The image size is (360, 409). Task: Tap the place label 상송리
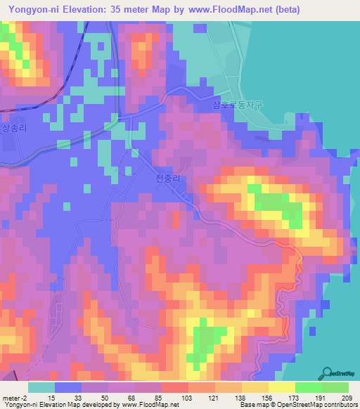pos(13,129)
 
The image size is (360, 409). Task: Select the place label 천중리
pos(168,180)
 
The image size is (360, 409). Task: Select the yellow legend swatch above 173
pos(282,387)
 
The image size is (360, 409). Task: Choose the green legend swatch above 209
pos(335,387)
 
